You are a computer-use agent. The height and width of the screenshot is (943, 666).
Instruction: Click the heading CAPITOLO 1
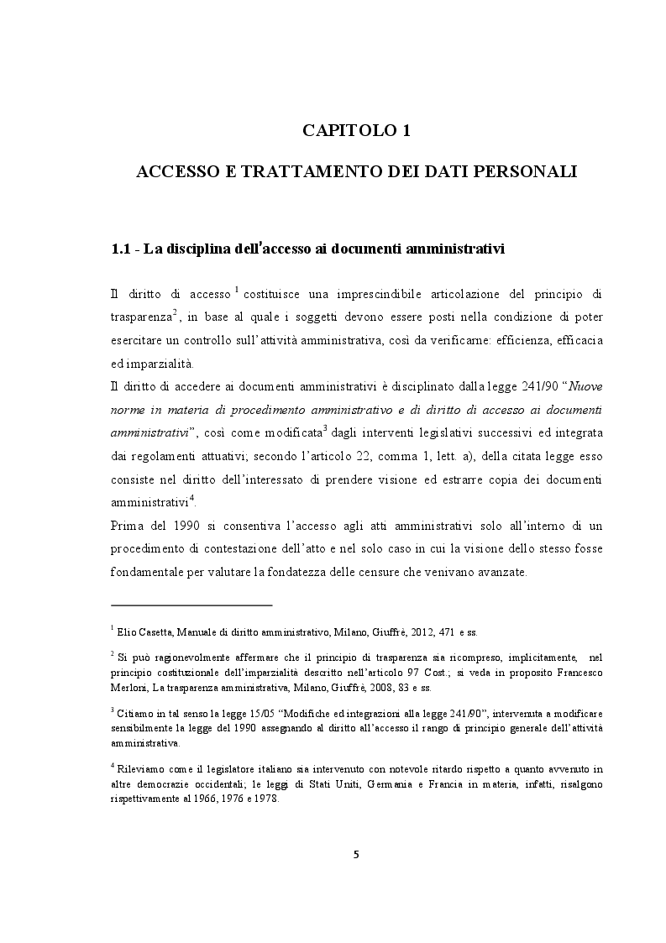click(x=356, y=131)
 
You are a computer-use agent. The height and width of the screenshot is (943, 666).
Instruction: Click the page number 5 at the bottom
click(x=355, y=854)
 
